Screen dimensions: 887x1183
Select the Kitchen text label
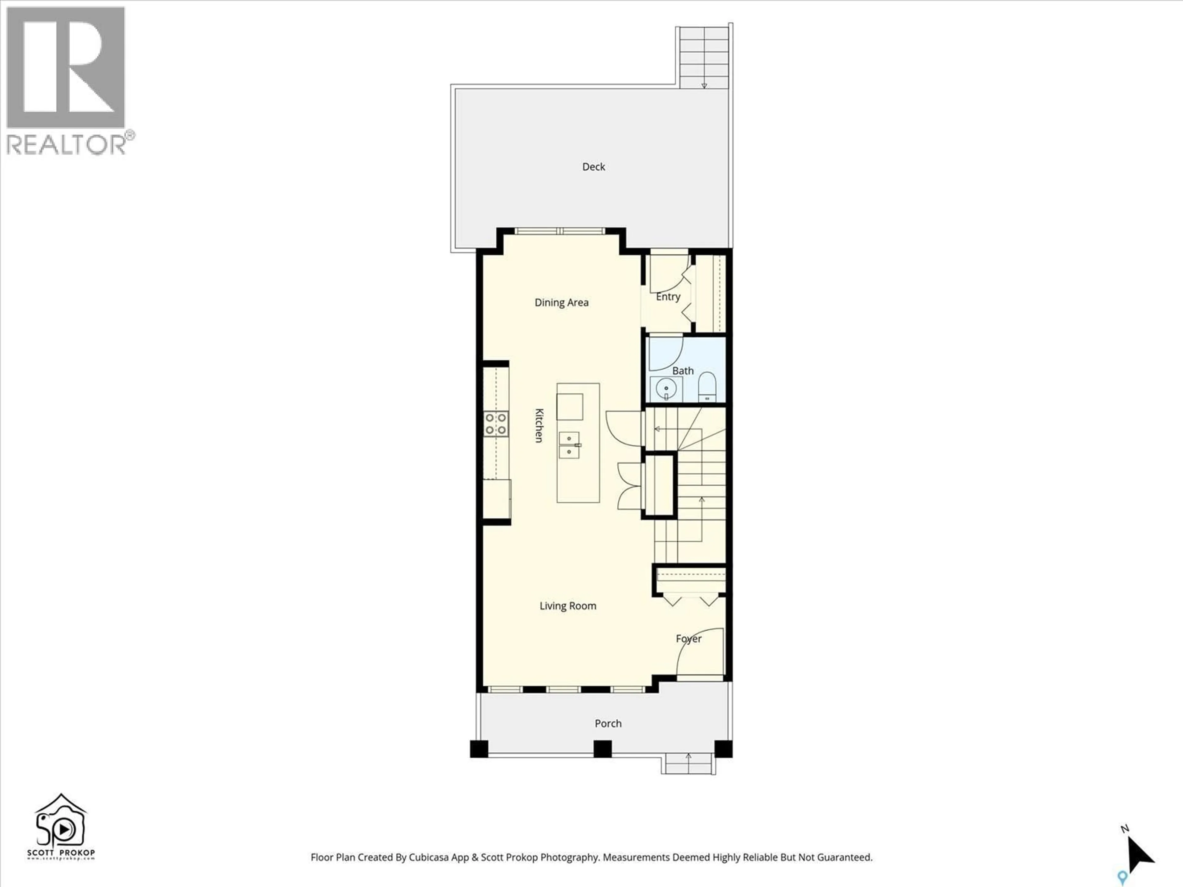pos(539,426)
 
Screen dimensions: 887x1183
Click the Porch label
pos(608,723)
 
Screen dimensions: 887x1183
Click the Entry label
pos(668,297)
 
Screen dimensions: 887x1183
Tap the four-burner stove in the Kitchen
pos(496,423)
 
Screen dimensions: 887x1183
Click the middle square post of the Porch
pos(602,748)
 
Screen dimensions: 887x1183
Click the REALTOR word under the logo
pos(67,145)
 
